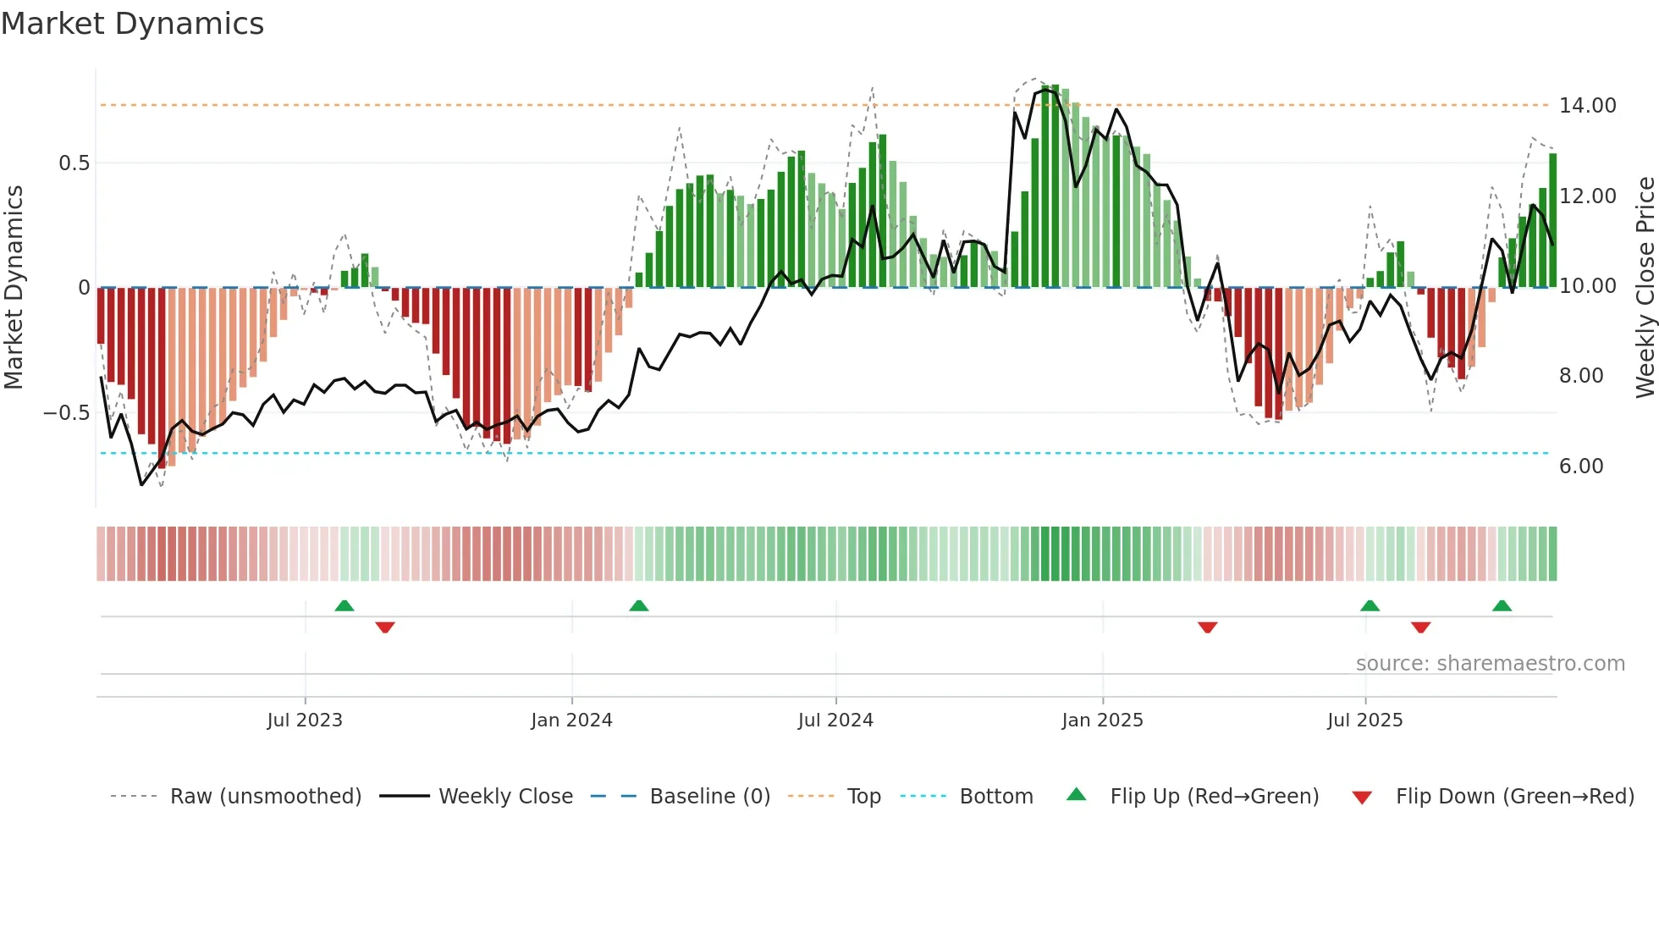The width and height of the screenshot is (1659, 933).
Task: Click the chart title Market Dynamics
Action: pos(133,24)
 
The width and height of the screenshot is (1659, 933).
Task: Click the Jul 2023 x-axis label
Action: pos(305,720)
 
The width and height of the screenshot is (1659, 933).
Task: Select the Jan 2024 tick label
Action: pos(571,720)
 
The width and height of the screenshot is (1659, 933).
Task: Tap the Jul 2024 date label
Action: pos(835,720)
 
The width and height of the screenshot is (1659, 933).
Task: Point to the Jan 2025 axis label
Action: pos(1102,720)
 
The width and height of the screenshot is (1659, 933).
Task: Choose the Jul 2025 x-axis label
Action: pos(1364,720)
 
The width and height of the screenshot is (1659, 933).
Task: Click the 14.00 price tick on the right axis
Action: pos(1587,106)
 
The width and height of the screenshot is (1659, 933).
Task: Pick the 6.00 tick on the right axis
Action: pos(1580,466)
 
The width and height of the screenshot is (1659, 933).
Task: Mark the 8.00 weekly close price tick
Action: pos(1580,376)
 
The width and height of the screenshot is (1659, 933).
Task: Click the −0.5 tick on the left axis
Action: pos(67,413)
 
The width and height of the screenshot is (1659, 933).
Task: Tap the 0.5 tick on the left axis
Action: pos(74,163)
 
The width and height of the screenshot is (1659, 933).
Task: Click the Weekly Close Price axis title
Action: pos(1645,288)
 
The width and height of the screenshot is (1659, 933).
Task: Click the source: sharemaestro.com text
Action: pos(1490,664)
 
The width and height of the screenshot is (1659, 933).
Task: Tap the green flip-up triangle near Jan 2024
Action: pos(639,606)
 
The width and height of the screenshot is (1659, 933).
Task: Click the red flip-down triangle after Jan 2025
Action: pos(1207,627)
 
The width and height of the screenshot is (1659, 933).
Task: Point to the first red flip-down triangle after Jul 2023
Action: pos(385,627)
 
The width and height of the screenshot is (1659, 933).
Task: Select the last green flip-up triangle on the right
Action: pos(1502,606)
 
